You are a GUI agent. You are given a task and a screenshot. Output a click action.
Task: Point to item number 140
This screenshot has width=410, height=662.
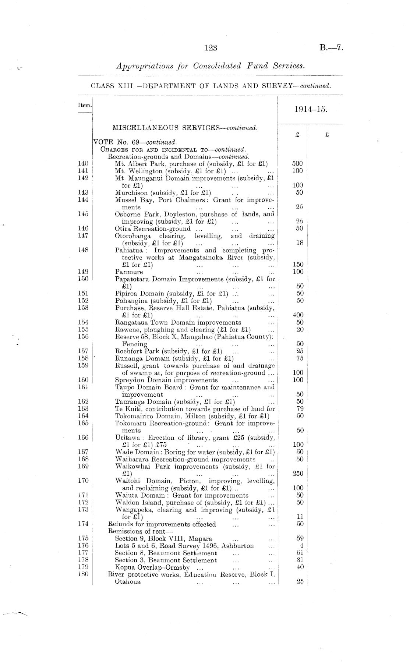(x=83, y=164)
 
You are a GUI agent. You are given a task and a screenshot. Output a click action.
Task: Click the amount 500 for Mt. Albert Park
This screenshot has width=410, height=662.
(x=297, y=164)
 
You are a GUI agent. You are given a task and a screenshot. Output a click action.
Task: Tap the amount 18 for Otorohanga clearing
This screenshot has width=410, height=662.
(x=300, y=243)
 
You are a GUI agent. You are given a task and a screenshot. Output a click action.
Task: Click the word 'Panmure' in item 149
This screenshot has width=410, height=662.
(x=129, y=272)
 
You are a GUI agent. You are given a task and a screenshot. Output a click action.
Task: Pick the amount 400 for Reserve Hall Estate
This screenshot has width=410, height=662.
(x=298, y=315)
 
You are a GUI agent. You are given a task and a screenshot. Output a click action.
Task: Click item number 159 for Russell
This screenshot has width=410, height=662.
(x=83, y=366)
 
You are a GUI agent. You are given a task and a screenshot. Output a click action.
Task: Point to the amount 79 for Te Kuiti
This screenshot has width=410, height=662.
(x=300, y=409)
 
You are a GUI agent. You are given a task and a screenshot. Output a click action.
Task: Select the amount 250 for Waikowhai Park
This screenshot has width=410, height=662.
(x=298, y=474)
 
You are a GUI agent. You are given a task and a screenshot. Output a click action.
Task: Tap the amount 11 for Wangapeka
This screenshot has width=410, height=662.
(x=300, y=517)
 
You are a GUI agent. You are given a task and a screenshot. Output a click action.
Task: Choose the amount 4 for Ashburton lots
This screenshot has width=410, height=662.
(x=301, y=546)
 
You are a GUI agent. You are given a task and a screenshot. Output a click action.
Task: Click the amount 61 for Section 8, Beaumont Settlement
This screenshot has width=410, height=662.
(x=300, y=553)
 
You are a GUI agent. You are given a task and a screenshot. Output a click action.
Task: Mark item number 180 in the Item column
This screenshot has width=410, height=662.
(x=83, y=574)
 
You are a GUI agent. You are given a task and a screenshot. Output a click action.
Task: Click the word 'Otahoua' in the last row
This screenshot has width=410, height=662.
(x=127, y=582)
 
